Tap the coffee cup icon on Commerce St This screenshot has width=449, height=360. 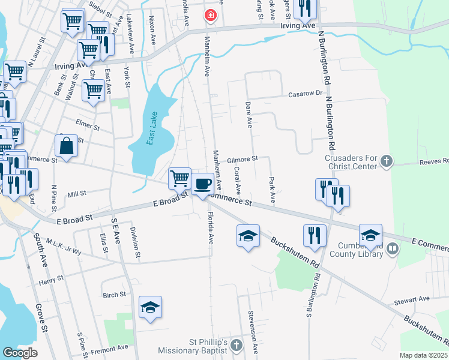pyautogui.click(x=203, y=183)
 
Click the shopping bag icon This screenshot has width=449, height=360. pyautogui.click(x=65, y=146)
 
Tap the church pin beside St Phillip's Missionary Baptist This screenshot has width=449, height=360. pyautogui.click(x=237, y=346)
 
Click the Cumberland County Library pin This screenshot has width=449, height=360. pyautogui.click(x=393, y=247)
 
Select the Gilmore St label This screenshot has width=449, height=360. pyautogui.click(x=243, y=160)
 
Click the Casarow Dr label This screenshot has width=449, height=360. pyautogui.click(x=306, y=94)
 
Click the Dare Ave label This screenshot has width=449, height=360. pyautogui.click(x=249, y=114)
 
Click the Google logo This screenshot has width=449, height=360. pyautogui.click(x=20, y=353)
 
